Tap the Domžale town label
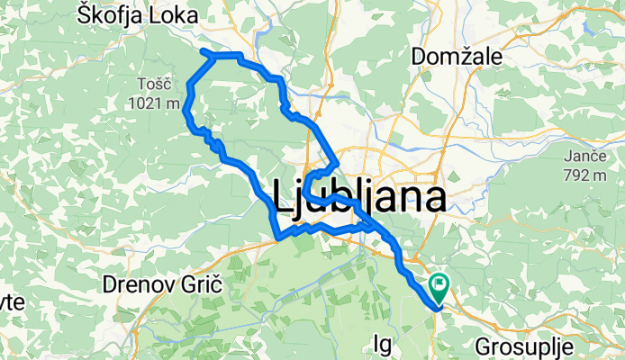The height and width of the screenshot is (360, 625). (456, 56)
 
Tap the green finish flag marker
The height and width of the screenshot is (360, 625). (440, 288)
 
